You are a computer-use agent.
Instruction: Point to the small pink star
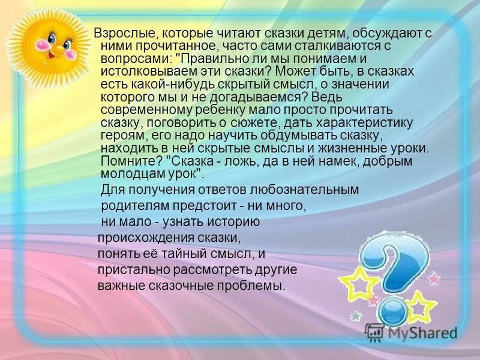[433, 278]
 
